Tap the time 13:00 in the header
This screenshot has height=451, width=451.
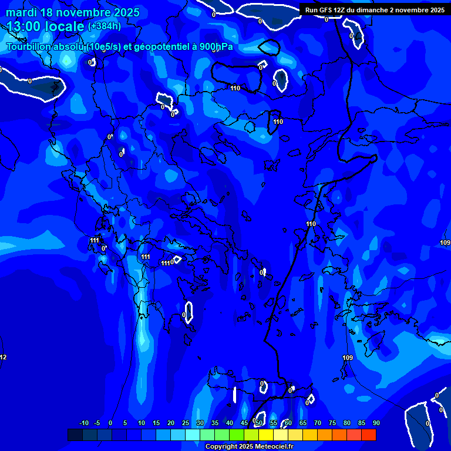pyautogui.click(x=27, y=26)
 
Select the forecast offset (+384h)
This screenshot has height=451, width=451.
pyautogui.click(x=105, y=26)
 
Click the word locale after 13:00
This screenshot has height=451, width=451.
pyautogui.click(x=67, y=26)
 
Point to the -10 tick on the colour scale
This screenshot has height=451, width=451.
pyautogui.click(x=83, y=423)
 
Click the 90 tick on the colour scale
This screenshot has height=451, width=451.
pyautogui.click(x=376, y=423)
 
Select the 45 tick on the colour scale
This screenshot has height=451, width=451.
pyautogui.click(x=244, y=423)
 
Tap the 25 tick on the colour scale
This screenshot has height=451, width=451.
pyautogui.click(x=185, y=423)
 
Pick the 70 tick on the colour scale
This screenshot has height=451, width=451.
pyautogui.click(x=317, y=423)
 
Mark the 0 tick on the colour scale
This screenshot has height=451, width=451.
pyautogui.click(x=110, y=423)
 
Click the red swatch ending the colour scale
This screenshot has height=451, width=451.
pyautogui.click(x=368, y=435)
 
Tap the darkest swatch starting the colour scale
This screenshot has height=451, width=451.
pyautogui.click(x=75, y=435)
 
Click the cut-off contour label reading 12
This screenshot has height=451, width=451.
pyautogui.click(x=3, y=358)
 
